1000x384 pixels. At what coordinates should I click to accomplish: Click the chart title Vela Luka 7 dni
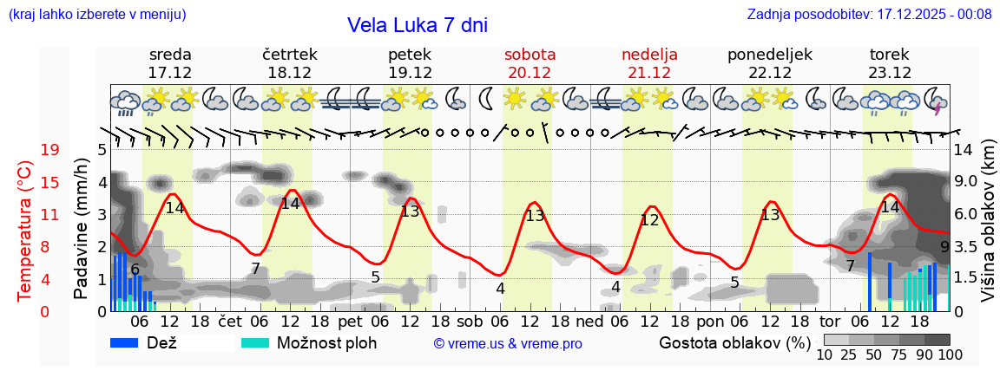[417, 25]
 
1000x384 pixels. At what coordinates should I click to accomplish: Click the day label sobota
[530, 55]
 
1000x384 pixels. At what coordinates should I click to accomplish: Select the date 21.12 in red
[649, 73]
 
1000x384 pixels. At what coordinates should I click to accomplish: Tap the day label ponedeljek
[769, 55]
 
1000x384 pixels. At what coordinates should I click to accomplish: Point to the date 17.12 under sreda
[170, 73]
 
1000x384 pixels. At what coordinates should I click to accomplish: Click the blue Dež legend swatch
[125, 342]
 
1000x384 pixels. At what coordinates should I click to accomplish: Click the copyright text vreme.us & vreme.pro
[508, 343]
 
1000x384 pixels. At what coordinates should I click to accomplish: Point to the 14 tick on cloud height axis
[963, 150]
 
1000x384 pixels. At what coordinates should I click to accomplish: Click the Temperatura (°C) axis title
[26, 231]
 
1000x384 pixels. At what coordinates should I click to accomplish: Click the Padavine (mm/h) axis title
[82, 229]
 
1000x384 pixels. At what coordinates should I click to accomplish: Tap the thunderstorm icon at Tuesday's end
[936, 101]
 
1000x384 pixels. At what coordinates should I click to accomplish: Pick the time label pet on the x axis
[350, 321]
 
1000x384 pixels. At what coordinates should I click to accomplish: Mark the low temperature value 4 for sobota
[501, 289]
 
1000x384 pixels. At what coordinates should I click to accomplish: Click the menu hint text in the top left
[96, 15]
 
